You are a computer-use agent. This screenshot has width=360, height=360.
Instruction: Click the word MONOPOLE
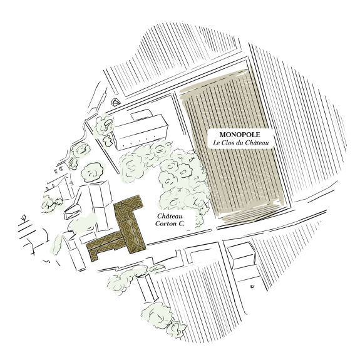click(x=240, y=135)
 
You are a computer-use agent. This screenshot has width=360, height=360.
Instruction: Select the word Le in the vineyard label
click(x=217, y=143)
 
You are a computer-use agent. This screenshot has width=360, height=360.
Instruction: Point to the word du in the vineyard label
click(x=239, y=143)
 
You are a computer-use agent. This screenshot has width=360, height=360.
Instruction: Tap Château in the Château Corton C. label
click(x=170, y=216)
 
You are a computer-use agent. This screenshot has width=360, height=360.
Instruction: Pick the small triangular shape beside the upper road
click(x=115, y=102)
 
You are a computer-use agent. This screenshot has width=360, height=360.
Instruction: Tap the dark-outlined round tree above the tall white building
click(x=93, y=172)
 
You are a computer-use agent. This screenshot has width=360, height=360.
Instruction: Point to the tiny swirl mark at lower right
click(x=252, y=286)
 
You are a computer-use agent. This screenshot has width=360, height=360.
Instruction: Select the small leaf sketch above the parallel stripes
click(x=23, y=217)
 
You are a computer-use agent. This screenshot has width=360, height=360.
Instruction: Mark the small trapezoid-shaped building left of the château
click(x=73, y=212)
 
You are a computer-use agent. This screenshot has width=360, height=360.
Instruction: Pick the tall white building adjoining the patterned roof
click(x=101, y=205)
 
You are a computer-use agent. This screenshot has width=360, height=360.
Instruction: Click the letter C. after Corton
click(x=182, y=224)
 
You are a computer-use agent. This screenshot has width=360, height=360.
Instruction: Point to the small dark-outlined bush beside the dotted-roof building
click(x=107, y=141)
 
